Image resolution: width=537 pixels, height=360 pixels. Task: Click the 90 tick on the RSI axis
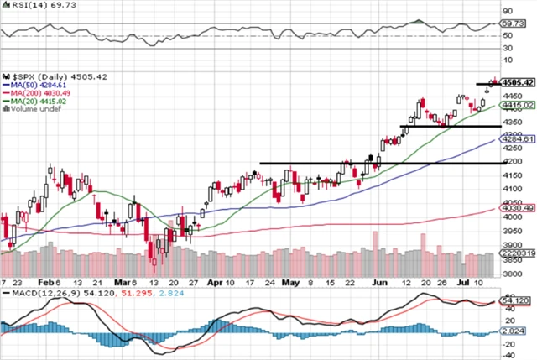507,12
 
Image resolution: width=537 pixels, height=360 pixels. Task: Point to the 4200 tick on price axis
511,161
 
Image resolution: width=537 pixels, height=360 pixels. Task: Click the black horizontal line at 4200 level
336,163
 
